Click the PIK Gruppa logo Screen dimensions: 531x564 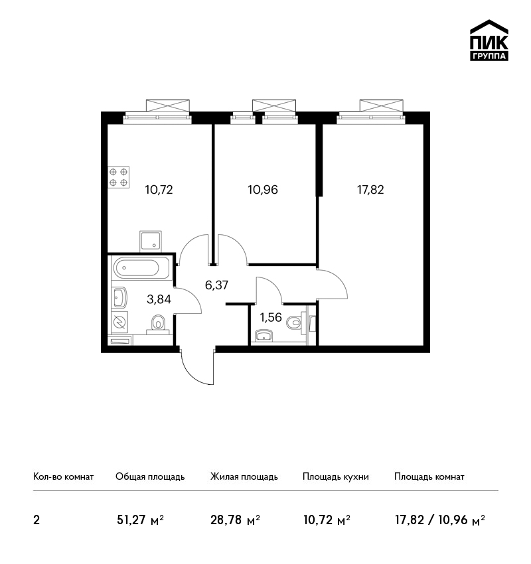point(489,40)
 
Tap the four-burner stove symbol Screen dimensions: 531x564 point(118,177)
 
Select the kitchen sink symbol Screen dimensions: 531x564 point(151,241)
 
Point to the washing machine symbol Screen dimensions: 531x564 point(119,322)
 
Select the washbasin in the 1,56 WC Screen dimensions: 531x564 point(264,336)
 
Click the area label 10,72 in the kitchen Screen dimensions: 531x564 point(159,190)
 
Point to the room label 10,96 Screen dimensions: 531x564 point(263,190)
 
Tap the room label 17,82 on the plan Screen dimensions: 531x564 point(370,190)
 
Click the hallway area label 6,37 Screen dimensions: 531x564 point(216,285)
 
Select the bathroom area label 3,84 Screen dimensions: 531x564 point(159,299)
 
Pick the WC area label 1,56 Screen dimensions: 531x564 point(271,317)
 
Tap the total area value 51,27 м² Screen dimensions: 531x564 point(140,520)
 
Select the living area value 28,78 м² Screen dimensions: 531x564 point(235,520)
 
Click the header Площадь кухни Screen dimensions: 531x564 point(336,477)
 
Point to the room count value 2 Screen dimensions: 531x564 point(37,520)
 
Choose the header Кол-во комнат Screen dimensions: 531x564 point(63,477)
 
